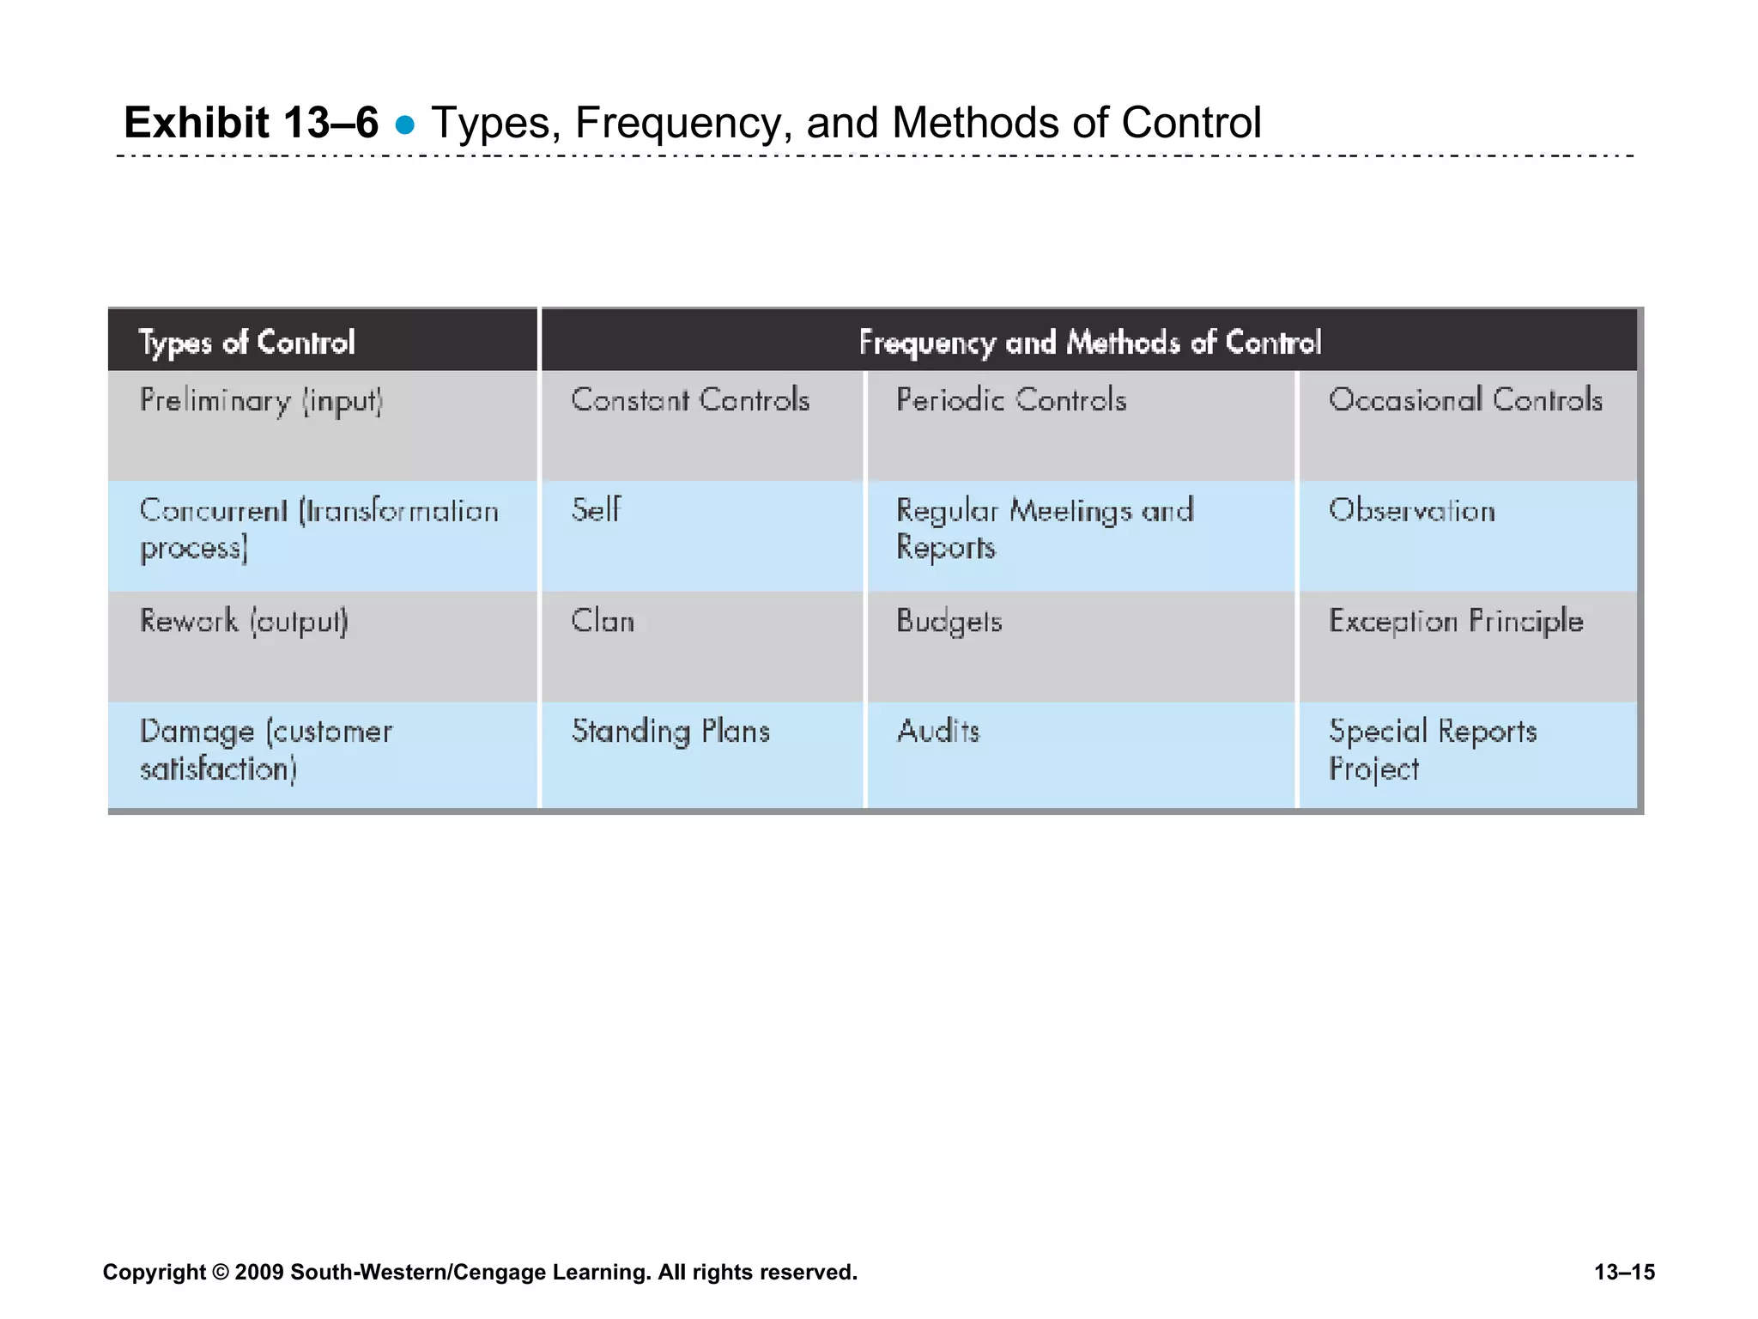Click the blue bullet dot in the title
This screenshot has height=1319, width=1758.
(405, 125)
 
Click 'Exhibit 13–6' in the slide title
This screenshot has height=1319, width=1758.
(251, 123)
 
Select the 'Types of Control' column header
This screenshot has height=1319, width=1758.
(246, 342)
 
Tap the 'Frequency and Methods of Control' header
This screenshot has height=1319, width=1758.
(1089, 342)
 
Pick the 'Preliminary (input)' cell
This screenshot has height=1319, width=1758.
(261, 401)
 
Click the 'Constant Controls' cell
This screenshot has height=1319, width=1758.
(690, 400)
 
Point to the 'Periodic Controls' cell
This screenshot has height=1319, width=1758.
(1010, 400)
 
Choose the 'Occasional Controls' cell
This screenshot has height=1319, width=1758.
(1465, 400)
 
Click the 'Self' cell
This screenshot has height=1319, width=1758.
(596, 510)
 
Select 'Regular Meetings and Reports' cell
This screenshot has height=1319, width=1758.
(1044, 529)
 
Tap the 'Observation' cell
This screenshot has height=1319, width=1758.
(1412, 511)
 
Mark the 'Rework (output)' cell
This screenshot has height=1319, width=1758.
(244, 621)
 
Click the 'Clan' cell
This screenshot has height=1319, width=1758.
(603, 621)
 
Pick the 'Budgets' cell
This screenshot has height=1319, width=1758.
(949, 621)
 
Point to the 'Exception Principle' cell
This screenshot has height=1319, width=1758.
(1456, 621)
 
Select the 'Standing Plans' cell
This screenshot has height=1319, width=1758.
(670, 732)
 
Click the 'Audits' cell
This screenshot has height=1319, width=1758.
(938, 732)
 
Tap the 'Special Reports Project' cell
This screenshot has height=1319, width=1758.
(1433, 750)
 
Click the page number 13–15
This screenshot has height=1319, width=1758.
(1624, 1272)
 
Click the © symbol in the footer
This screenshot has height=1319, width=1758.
(221, 1272)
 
